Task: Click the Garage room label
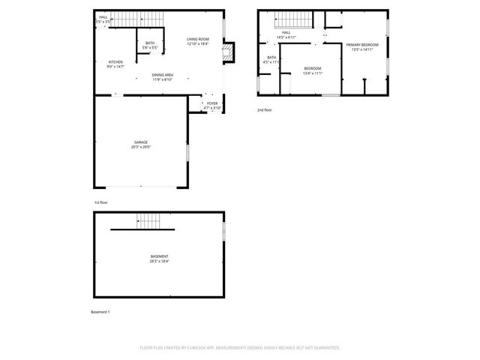point(141,142)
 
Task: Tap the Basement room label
point(159,256)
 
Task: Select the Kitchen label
point(115,62)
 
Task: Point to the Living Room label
point(198,39)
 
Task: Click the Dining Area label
point(163,74)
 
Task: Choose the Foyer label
point(212,103)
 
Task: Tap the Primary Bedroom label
point(362,45)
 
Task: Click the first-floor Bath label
point(150,43)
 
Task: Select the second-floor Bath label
point(271,58)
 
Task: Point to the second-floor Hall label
point(286,33)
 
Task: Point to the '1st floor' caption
point(100,202)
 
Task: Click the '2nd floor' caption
point(264,110)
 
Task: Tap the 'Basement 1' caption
point(100,312)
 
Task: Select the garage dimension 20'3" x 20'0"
point(141,147)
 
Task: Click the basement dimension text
point(159,262)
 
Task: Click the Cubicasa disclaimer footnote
point(240,348)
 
